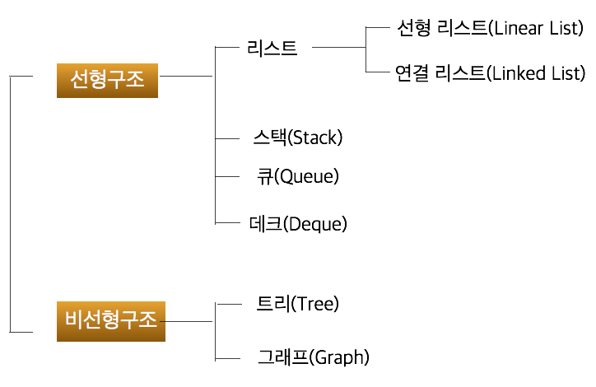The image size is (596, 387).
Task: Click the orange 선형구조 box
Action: pyautogui.click(x=108, y=79)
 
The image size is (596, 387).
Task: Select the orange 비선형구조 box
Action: pyautogui.click(x=111, y=321)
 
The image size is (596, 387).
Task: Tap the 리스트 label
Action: pyautogui.click(x=272, y=48)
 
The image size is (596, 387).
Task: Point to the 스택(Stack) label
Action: pyautogui.click(x=297, y=138)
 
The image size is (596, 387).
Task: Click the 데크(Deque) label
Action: pyautogui.click(x=297, y=223)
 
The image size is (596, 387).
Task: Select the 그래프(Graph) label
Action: pyautogui.click(x=313, y=357)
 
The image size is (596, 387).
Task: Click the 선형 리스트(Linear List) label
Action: pyautogui.click(x=489, y=29)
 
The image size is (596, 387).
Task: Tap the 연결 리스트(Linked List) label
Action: pyautogui.click(x=489, y=73)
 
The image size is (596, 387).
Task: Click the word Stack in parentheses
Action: pyautogui.click(x=315, y=138)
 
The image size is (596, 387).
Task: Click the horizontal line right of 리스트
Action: pyautogui.click(x=338, y=49)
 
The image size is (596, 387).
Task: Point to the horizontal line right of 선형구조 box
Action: pyautogui.click(x=186, y=77)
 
